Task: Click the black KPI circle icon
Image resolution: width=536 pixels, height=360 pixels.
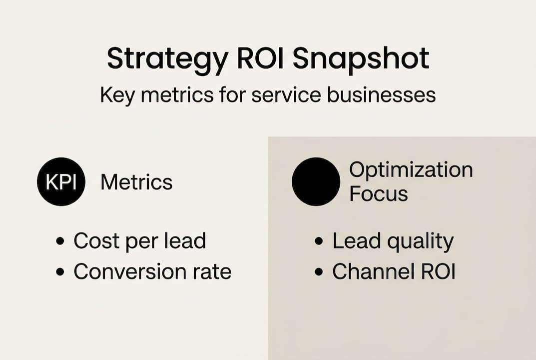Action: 61,182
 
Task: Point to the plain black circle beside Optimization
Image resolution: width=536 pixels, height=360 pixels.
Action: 316,181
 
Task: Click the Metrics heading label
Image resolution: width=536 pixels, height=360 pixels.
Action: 136,182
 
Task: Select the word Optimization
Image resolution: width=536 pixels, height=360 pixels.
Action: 411,170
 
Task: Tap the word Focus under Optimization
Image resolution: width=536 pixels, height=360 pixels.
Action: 378,194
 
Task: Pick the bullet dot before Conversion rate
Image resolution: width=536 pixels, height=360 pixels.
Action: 60,272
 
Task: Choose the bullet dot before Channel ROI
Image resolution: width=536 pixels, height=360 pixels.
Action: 319,272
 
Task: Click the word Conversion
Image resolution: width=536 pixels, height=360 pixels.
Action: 125,272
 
